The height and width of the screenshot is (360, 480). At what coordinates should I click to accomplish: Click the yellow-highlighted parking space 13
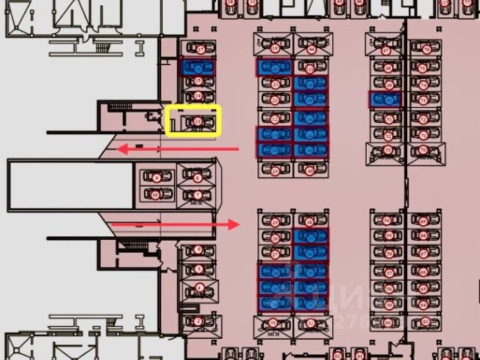click(x=193, y=121)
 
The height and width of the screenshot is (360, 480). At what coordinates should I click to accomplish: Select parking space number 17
click(x=199, y=49)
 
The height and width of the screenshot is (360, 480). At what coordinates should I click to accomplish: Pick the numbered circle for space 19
click(x=275, y=49)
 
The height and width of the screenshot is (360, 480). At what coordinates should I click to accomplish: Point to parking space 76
click(x=425, y=50)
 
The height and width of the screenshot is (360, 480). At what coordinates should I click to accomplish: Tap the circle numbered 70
click(x=424, y=149)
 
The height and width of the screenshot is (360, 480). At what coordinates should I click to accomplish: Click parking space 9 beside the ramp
click(x=156, y=178)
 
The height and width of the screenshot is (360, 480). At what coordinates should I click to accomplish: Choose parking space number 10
click(x=156, y=195)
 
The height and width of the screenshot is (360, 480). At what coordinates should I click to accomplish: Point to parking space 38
click(x=310, y=221)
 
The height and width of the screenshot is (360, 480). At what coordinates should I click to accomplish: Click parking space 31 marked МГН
click(x=274, y=322)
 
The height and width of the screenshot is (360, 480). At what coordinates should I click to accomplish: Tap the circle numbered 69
click(x=424, y=221)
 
